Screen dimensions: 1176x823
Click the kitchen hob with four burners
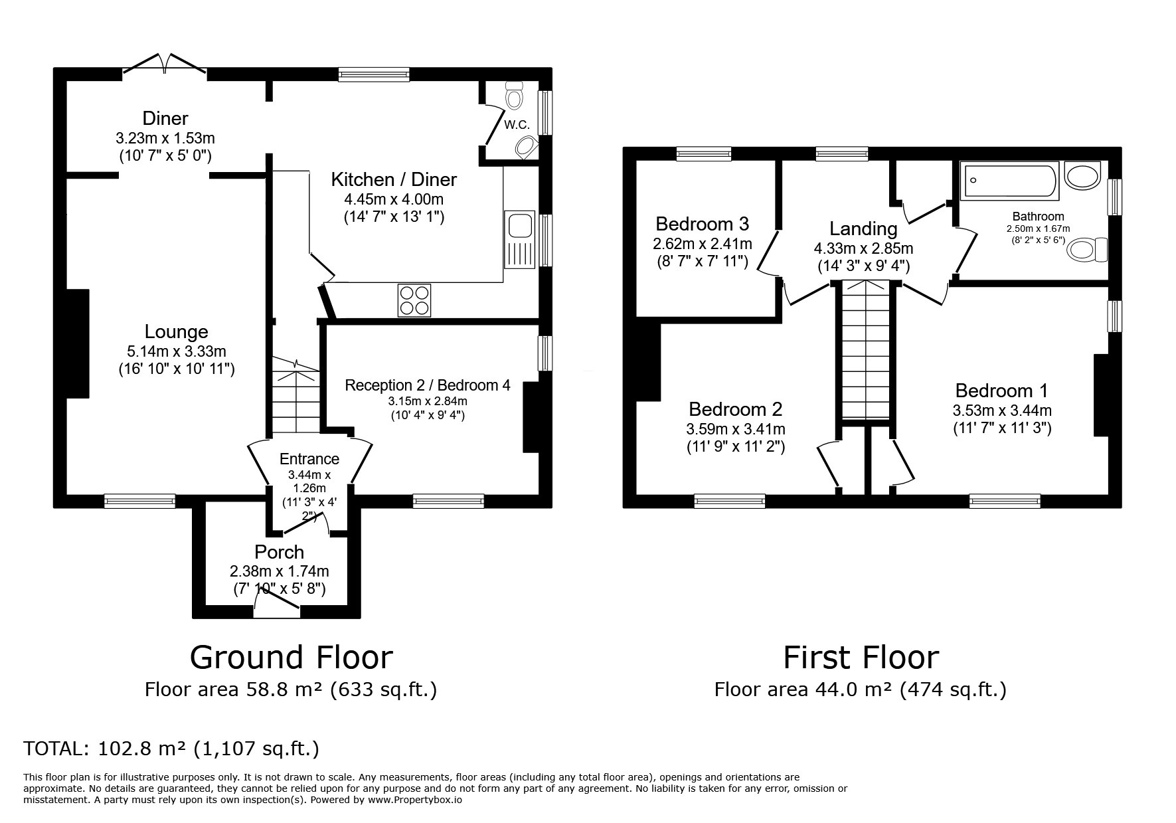coord(414,300)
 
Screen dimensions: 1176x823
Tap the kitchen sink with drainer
coord(520,240)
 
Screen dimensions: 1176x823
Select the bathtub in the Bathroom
coord(1009,183)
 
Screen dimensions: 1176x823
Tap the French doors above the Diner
coord(165,64)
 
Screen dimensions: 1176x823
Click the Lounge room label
coord(176,331)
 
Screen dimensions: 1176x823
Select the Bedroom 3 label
coord(702,223)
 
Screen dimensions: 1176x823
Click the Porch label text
coord(279,552)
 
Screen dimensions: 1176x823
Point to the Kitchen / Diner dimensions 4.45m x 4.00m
coord(394,199)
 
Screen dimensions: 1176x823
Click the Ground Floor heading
coord(292,658)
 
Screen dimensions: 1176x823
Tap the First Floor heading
coord(861,658)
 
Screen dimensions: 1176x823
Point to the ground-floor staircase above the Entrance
coord(295,397)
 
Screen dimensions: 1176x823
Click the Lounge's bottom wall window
coord(140,502)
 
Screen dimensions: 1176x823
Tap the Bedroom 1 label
coord(1001,391)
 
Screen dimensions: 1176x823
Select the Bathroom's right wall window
coord(1115,197)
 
